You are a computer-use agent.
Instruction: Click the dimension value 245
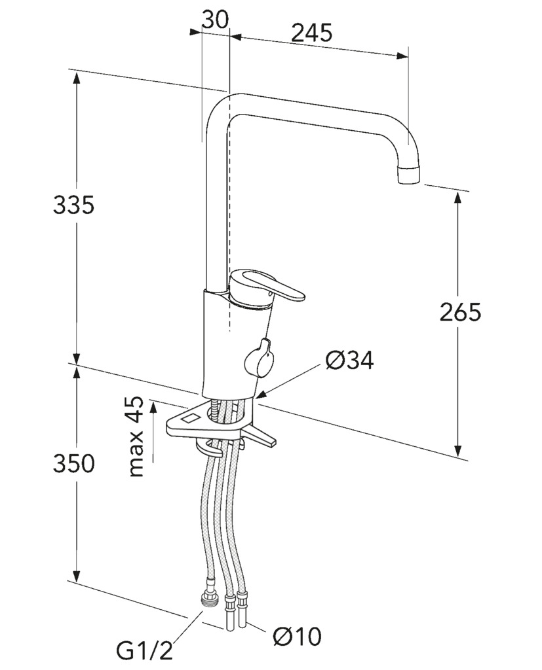click(312, 33)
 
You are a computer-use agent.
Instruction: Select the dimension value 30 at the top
click(216, 20)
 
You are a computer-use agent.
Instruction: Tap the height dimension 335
click(73, 205)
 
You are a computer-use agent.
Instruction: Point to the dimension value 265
click(460, 312)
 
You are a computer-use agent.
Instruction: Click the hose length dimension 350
click(73, 463)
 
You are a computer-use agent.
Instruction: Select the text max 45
click(136, 436)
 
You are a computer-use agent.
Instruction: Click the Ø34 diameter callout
click(349, 361)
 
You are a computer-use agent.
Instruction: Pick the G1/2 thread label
click(144, 652)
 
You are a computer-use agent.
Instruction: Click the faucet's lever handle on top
click(266, 289)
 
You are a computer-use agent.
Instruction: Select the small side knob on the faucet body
click(258, 358)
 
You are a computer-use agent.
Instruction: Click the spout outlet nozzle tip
click(408, 174)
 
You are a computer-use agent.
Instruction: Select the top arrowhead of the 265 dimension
click(458, 199)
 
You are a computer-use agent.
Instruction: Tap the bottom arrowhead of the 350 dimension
click(77, 575)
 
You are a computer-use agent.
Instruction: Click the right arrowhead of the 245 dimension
click(401, 56)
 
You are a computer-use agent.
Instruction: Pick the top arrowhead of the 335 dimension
click(77, 79)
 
